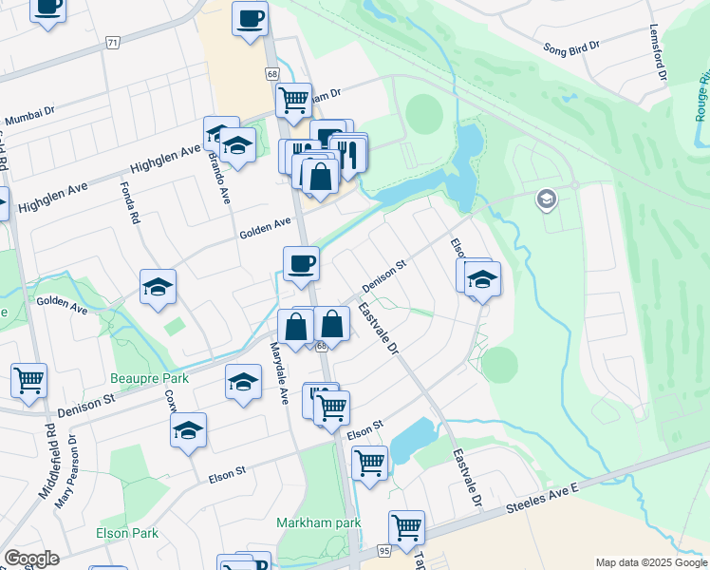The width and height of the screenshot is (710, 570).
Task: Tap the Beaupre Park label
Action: (149, 378)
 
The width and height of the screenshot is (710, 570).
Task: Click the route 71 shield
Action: (114, 43)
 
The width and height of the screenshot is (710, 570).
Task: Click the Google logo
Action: (31, 559)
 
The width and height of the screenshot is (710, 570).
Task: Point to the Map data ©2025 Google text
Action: (650, 562)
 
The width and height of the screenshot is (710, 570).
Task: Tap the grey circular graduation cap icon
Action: (546, 199)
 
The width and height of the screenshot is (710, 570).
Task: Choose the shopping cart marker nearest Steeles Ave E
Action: (406, 526)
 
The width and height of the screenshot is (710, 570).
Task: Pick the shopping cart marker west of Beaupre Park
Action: (28, 380)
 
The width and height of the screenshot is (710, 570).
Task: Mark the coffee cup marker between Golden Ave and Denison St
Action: (301, 263)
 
